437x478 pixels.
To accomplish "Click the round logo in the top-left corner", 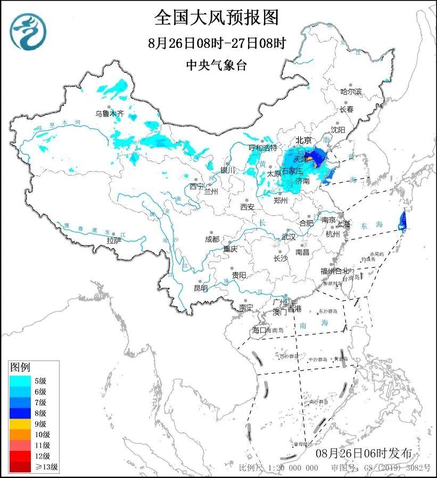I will (x=28, y=31).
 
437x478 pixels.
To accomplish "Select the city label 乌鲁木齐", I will (x=109, y=113).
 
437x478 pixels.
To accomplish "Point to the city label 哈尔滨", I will (x=351, y=91).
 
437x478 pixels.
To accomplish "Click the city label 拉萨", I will (x=114, y=240).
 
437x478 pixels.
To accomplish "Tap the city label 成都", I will (x=212, y=239).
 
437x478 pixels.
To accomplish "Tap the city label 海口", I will (x=258, y=330).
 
